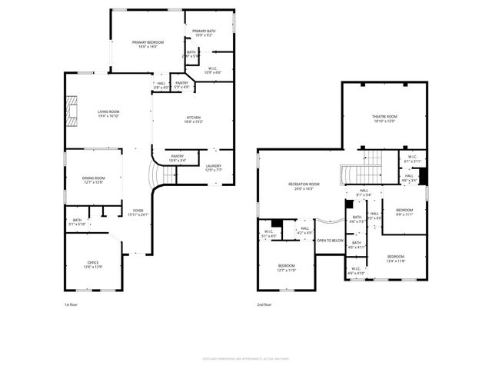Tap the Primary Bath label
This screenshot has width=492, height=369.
point(204,32)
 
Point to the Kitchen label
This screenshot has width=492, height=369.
point(193,119)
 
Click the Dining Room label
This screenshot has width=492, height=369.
point(93,180)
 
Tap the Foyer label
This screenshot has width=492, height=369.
point(138,211)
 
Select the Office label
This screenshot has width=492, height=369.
point(93,264)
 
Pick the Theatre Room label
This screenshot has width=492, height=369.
point(384,118)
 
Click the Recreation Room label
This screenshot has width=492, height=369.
point(304,186)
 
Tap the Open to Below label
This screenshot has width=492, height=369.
point(330,240)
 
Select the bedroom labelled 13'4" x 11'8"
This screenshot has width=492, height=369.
point(396,258)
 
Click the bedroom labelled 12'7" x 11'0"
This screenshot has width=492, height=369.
point(286,268)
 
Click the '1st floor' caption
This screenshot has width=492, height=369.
point(71,304)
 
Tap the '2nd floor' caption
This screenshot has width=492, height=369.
point(265,304)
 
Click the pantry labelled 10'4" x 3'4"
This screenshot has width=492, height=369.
point(178,158)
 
